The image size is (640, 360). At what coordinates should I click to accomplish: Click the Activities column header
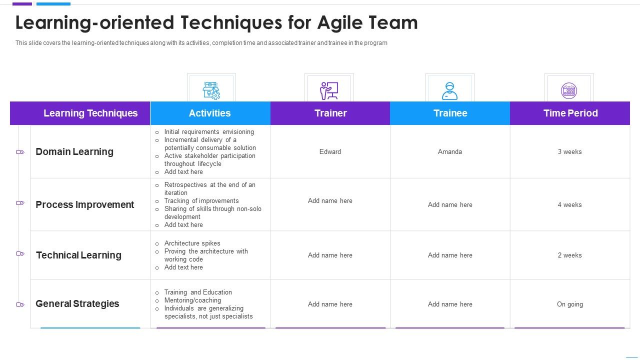click(x=209, y=113)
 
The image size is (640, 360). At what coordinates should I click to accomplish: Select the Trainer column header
click(x=330, y=113)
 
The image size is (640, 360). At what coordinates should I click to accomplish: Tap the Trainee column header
click(x=450, y=113)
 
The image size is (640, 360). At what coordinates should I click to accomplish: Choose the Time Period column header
click(x=570, y=113)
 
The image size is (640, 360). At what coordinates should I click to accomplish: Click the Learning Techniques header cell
click(x=90, y=113)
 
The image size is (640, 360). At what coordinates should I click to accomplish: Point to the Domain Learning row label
click(x=74, y=151)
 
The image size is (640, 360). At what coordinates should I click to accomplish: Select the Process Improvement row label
click(x=84, y=204)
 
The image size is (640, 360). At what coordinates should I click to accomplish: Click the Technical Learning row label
click(x=78, y=255)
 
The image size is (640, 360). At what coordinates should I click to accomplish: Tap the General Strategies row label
click(x=77, y=303)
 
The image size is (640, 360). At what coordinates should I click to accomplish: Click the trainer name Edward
click(x=330, y=151)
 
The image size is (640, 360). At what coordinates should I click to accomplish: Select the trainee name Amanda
click(x=450, y=151)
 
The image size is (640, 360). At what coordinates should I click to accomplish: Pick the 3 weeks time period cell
click(x=569, y=151)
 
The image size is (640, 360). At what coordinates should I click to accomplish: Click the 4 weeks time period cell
click(x=569, y=204)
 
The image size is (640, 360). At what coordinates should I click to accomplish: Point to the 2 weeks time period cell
click(x=569, y=255)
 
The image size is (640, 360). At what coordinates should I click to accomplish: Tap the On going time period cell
click(x=569, y=304)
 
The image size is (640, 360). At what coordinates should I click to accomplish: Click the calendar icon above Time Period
click(x=569, y=90)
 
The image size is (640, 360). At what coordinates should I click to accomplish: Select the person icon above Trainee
click(x=449, y=90)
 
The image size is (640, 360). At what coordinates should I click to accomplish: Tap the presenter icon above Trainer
click(x=329, y=90)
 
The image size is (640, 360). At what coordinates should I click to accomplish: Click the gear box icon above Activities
click(x=211, y=90)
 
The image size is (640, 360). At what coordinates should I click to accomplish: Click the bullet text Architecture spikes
click(x=192, y=243)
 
